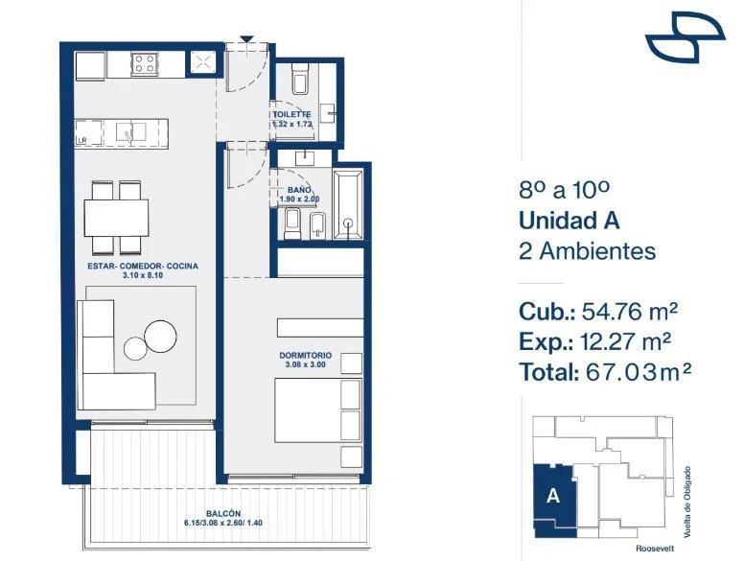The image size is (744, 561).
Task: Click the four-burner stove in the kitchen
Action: click(x=144, y=64)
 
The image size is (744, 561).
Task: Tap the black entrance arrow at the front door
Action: click(x=246, y=39)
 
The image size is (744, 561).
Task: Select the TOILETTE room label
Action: click(x=291, y=114)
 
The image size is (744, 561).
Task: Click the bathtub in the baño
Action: click(x=349, y=204)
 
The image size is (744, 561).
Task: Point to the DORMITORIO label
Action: click(x=306, y=355)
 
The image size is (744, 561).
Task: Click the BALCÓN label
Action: click(x=223, y=513)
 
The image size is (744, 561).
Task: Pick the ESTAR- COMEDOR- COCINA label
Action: click(x=143, y=266)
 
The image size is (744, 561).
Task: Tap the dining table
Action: click(x=116, y=218)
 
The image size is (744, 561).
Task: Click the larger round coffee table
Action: click(x=160, y=337)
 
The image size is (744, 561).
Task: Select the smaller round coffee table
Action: click(x=135, y=348)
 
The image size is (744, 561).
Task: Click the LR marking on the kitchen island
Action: click(x=82, y=140)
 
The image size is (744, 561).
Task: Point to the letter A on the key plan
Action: click(x=553, y=496)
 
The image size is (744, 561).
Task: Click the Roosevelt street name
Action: click(x=655, y=549)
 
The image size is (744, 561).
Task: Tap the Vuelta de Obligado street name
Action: click(x=686, y=503)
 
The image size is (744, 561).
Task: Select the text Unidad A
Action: click(x=569, y=221)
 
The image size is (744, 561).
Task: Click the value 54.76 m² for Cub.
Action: click(x=630, y=312)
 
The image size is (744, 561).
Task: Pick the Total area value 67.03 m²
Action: click(x=639, y=372)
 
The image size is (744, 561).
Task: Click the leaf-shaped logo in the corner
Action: click(x=686, y=37)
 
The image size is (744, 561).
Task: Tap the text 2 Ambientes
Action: click(x=588, y=250)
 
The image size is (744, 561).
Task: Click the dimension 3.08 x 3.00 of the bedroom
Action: click(x=306, y=364)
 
